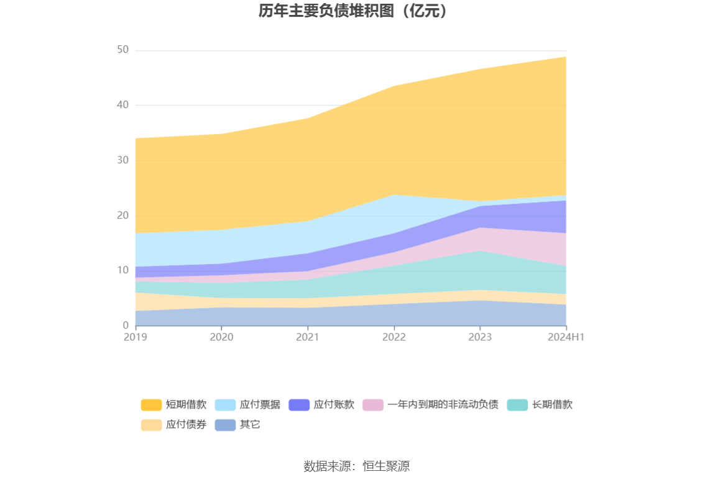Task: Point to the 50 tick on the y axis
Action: (x=122, y=50)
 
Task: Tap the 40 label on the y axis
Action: (x=122, y=105)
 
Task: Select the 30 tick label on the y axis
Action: (x=122, y=160)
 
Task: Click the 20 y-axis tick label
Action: (x=122, y=216)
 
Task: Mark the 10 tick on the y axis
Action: (x=122, y=270)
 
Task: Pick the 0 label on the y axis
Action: (x=126, y=325)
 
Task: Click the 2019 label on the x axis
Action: (x=136, y=337)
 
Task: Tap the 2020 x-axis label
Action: (x=221, y=337)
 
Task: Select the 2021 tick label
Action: (x=308, y=337)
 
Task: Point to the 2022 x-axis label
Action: (x=394, y=337)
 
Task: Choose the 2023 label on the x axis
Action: (x=480, y=337)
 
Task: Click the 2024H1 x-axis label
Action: (x=566, y=337)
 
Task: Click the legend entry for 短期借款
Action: (x=173, y=405)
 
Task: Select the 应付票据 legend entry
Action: (x=247, y=405)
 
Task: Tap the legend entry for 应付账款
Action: (x=321, y=405)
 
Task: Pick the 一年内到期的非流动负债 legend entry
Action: (x=430, y=405)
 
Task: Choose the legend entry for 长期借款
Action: (x=540, y=405)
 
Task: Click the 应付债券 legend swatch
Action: (x=151, y=425)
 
